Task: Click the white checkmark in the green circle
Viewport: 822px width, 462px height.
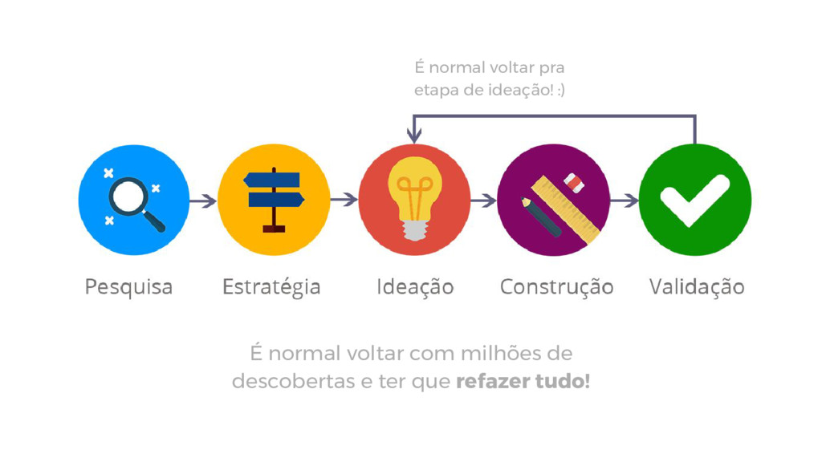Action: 694,199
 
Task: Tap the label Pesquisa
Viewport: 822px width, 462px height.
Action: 128,286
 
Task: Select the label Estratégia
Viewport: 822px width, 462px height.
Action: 271,286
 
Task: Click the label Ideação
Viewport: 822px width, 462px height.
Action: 415,286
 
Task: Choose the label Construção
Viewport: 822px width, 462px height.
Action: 556,286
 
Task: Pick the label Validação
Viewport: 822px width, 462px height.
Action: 696,286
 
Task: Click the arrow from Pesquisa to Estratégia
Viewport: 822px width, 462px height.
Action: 204,201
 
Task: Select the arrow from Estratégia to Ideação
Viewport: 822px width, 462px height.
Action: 344,200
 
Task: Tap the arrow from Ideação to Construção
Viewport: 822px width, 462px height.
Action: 484,201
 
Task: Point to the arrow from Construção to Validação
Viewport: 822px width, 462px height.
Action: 625,201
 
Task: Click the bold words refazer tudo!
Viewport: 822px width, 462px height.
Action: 523,382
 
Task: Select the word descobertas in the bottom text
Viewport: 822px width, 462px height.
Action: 291,382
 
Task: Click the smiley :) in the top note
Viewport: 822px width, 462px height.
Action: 560,91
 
